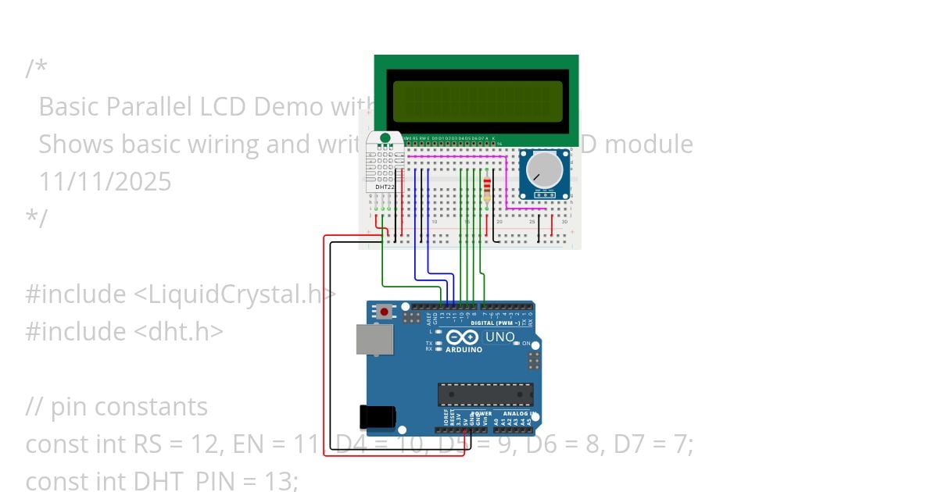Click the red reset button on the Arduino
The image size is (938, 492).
tap(384, 312)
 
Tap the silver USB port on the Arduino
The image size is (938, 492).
tap(374, 339)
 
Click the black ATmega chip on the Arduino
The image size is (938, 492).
tap(485, 394)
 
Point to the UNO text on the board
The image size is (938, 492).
tap(500, 337)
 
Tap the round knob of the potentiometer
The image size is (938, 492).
tap(544, 169)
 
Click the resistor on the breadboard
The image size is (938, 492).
tap(488, 188)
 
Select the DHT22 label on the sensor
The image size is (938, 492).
tap(385, 187)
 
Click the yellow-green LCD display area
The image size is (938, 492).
tap(478, 101)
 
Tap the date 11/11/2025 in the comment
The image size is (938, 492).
tap(105, 182)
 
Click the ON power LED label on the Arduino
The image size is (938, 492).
tap(526, 344)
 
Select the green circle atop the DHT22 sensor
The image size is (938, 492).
tap(385, 138)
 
